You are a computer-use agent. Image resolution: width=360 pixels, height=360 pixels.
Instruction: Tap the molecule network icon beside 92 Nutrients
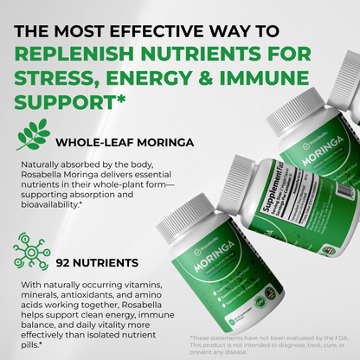click(x=31, y=250)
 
